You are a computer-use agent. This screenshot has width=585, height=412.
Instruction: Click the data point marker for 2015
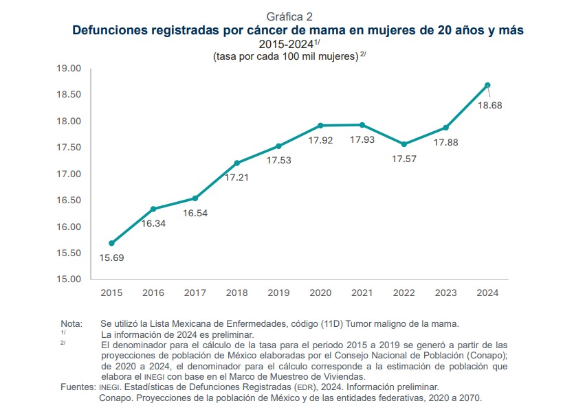click(111, 243)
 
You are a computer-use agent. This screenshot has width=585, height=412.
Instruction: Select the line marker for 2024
click(487, 85)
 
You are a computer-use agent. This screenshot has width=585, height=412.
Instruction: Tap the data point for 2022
click(404, 144)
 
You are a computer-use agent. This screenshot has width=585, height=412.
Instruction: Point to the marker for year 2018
click(237, 163)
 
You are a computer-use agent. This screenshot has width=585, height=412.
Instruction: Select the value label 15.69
click(111, 258)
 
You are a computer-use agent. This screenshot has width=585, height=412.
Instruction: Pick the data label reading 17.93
click(362, 140)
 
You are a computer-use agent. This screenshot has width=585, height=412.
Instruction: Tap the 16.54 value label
click(195, 214)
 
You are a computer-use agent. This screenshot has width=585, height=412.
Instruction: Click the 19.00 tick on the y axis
click(68, 69)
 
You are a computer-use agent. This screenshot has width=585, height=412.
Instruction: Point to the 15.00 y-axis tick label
click(68, 279)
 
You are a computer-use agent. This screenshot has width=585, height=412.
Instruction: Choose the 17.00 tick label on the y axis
click(68, 174)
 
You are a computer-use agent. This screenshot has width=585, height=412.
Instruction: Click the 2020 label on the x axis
click(320, 293)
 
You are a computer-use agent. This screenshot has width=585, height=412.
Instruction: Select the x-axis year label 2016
click(153, 293)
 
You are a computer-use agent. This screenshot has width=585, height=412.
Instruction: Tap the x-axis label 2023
click(445, 293)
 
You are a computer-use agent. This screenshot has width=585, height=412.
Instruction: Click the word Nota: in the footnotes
click(71, 323)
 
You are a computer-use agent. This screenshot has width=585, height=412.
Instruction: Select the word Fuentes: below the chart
click(77, 387)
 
